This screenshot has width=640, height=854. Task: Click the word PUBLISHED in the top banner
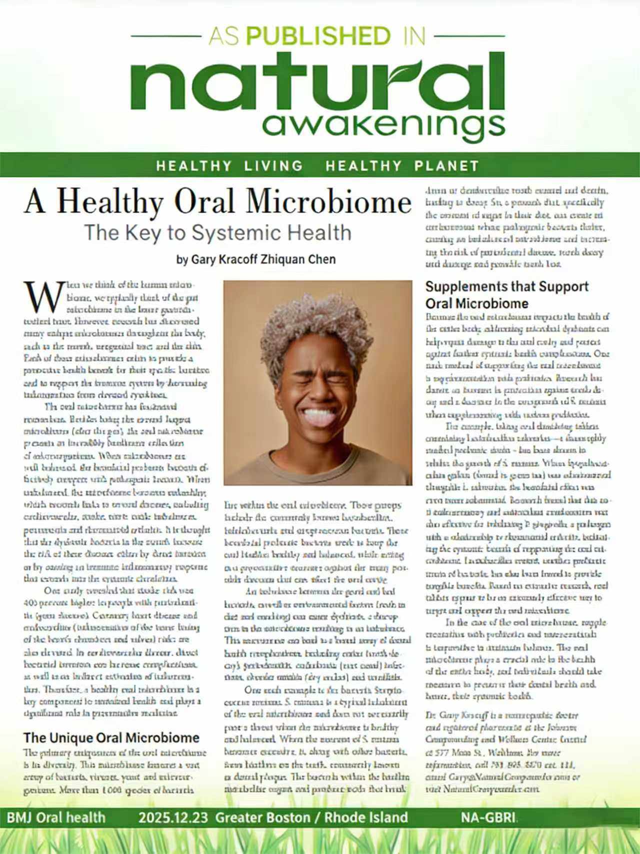click(x=318, y=36)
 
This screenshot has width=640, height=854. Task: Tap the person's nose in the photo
click(x=317, y=390)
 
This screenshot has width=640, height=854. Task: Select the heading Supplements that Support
click(x=507, y=287)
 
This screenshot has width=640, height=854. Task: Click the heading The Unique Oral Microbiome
click(x=111, y=737)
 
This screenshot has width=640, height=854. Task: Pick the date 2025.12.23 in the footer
click(x=174, y=817)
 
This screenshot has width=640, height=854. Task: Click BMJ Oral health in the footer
click(x=56, y=817)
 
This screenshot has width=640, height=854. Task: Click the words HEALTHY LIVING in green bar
click(x=229, y=166)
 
